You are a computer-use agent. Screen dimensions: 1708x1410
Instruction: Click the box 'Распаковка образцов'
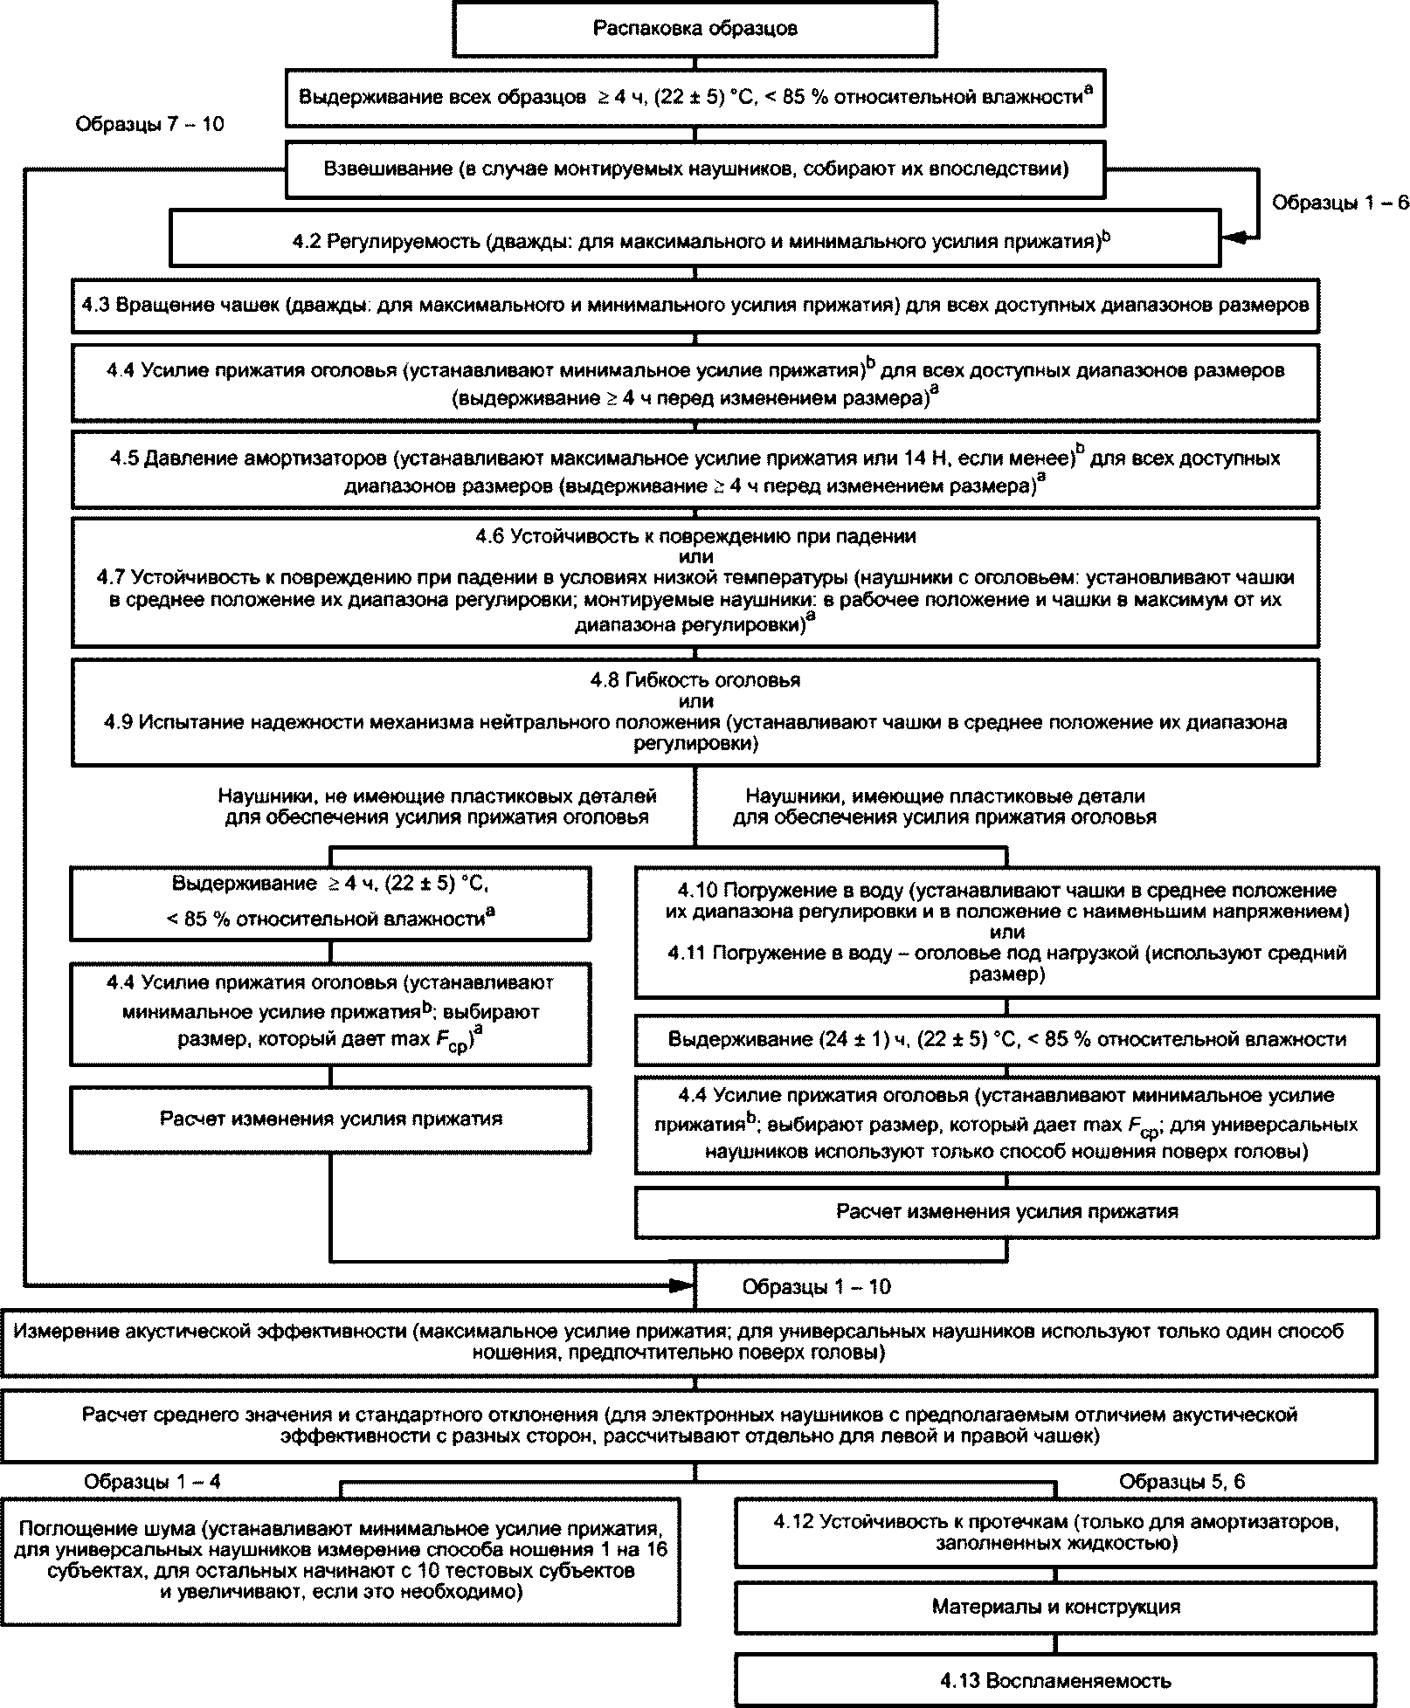pyautogui.click(x=695, y=29)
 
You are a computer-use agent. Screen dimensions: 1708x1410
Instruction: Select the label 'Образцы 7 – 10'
pyautogui.click(x=149, y=125)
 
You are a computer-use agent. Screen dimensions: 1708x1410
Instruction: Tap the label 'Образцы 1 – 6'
pyautogui.click(x=1339, y=203)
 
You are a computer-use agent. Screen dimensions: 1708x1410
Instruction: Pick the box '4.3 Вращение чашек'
pyautogui.click(x=695, y=306)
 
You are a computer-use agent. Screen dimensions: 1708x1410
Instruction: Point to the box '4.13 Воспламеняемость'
pyautogui.click(x=1055, y=1680)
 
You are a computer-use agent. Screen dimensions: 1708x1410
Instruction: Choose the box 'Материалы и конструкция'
pyautogui.click(x=1055, y=1606)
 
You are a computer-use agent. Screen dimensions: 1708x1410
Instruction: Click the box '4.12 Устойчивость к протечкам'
pyautogui.click(x=1055, y=1532)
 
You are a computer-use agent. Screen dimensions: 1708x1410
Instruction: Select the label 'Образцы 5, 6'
pyautogui.click(x=1182, y=1481)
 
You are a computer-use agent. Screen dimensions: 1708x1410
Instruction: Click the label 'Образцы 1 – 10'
pyautogui.click(x=816, y=1286)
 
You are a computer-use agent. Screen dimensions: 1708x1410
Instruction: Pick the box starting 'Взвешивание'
pyautogui.click(x=695, y=169)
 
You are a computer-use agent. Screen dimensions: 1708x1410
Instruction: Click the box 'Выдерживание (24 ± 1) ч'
pyautogui.click(x=1006, y=1039)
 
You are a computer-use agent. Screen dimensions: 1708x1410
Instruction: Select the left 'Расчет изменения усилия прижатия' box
pyautogui.click(x=330, y=1119)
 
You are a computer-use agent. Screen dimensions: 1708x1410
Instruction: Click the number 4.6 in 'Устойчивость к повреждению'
pyautogui.click(x=491, y=536)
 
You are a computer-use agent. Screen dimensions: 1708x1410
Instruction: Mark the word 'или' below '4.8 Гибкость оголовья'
pyautogui.click(x=695, y=700)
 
